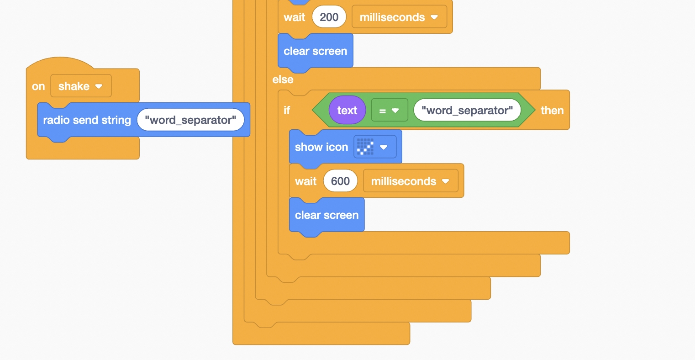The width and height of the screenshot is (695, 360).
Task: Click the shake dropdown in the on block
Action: click(x=81, y=86)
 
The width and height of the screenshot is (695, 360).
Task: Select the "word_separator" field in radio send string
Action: click(x=190, y=120)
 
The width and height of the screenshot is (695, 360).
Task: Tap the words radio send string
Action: click(x=87, y=120)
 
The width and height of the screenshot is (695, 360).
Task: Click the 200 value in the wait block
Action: click(x=329, y=17)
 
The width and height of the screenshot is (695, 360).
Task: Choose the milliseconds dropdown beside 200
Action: click(x=399, y=17)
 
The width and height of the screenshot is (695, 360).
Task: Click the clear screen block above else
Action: click(x=315, y=51)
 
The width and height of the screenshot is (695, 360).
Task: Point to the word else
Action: click(x=283, y=79)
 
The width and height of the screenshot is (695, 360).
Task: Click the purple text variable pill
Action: click(x=347, y=111)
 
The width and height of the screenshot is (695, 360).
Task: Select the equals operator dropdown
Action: click(x=389, y=111)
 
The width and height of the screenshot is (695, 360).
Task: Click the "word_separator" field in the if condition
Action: click(x=467, y=111)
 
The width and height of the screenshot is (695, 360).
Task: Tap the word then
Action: click(x=552, y=111)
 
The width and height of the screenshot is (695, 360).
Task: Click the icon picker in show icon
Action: click(x=374, y=147)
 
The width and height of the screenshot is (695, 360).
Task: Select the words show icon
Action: click(x=321, y=147)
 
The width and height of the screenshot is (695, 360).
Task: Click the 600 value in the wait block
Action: click(x=340, y=181)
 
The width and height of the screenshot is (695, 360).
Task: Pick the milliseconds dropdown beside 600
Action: click(x=410, y=181)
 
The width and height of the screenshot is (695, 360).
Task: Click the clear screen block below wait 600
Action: click(x=326, y=215)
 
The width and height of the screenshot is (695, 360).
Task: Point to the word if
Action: click(x=287, y=111)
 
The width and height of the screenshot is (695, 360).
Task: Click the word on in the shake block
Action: click(x=38, y=86)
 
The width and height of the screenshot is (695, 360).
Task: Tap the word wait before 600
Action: click(x=305, y=181)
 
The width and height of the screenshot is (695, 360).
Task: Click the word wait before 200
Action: click(x=294, y=17)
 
